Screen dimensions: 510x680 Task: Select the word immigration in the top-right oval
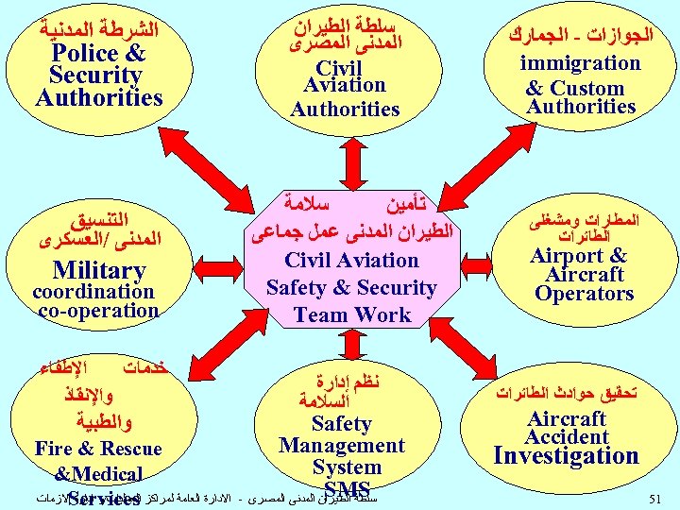580,63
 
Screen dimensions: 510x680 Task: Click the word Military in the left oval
99,271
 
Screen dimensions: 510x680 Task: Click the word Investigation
567,456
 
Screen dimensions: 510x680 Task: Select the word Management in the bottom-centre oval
342,446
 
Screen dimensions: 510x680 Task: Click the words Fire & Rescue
98,449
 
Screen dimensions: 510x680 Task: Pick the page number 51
656,498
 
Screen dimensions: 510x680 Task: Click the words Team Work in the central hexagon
351,315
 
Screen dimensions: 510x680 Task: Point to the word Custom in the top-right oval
587,89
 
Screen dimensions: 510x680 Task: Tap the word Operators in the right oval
584,294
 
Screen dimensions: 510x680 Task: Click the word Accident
567,437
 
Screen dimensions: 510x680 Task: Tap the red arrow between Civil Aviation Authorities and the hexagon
348,156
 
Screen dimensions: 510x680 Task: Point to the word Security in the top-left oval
95,76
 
